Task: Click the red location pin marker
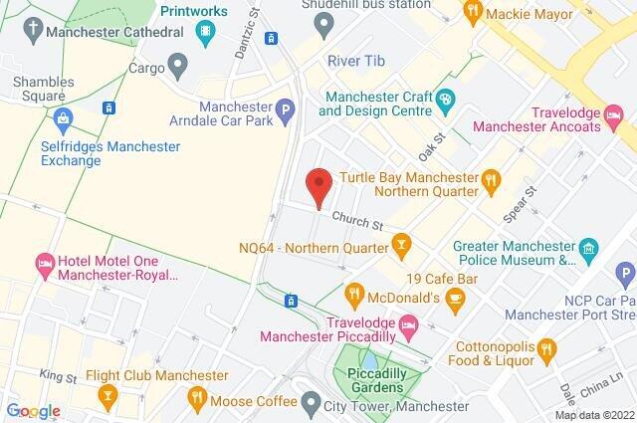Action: [x=318, y=186]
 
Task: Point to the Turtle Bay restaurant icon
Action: [x=490, y=180]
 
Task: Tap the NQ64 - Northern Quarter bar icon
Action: [x=401, y=244]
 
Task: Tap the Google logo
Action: [x=34, y=410]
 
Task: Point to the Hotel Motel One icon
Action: [x=44, y=264]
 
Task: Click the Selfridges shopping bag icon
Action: [x=65, y=123]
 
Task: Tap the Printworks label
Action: [x=194, y=11]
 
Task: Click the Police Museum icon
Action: [x=588, y=246]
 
